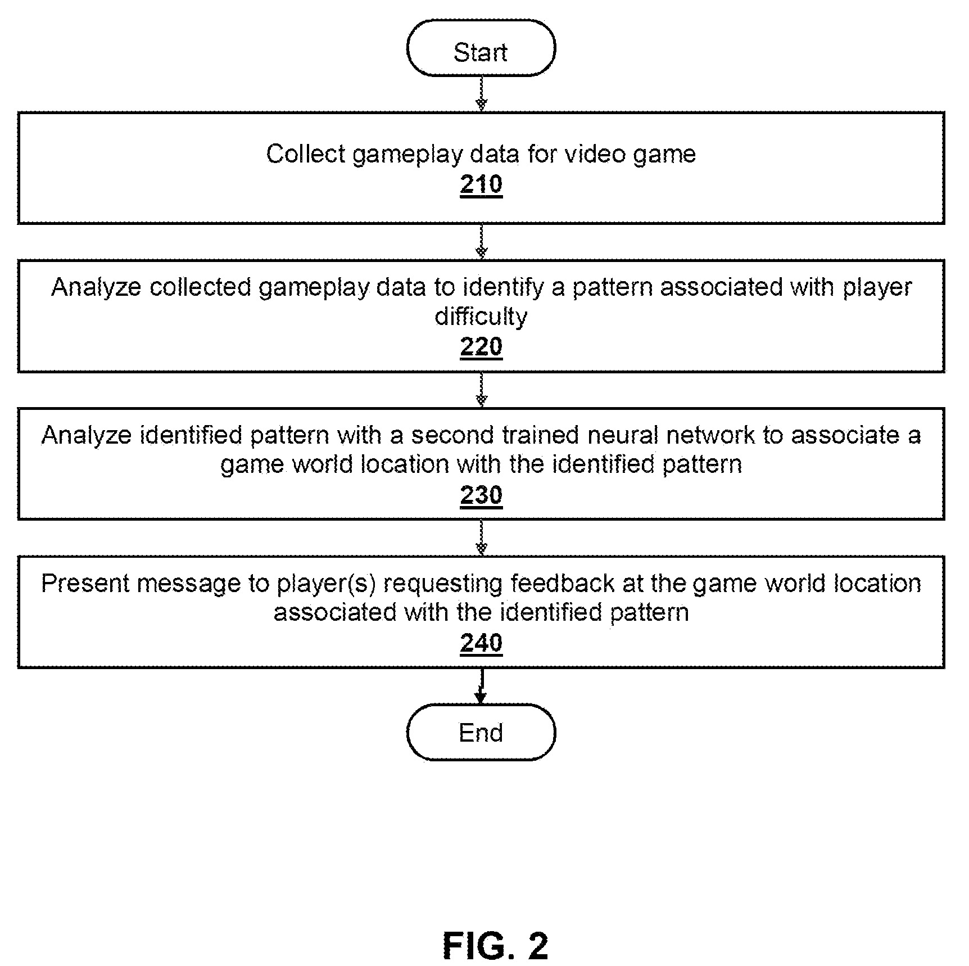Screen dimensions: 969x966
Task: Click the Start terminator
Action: coord(481,48)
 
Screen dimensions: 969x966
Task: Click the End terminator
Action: coord(481,732)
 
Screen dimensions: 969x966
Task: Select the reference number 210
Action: coord(481,184)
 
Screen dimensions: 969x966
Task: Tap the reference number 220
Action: coord(481,347)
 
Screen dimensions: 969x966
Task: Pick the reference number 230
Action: coord(481,495)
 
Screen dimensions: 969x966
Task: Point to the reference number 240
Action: coord(481,643)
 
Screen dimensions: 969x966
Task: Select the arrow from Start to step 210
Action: coord(481,94)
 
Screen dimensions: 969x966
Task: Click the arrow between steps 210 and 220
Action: coord(481,242)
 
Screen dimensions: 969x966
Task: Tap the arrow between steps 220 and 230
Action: coord(481,390)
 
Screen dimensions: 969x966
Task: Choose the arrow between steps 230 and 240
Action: coord(481,538)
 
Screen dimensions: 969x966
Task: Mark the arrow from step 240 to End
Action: coord(481,686)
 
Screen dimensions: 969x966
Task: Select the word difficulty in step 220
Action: coord(481,317)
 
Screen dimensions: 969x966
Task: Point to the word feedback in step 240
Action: coord(562,583)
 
